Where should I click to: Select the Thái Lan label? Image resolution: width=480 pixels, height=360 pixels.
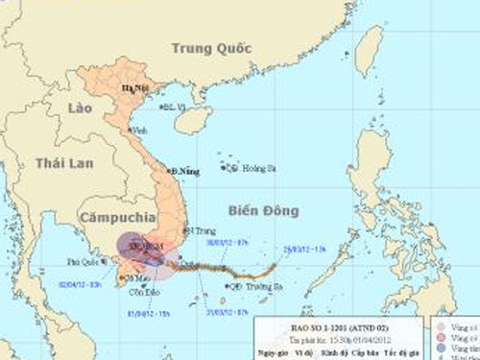point(65,163)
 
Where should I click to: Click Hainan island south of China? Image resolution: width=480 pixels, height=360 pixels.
point(192,119)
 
